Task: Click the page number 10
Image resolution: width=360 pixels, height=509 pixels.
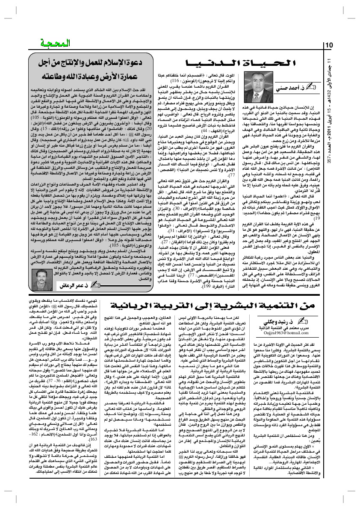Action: click(330, 45)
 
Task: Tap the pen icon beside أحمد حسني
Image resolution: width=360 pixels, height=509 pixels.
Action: click(312, 89)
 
